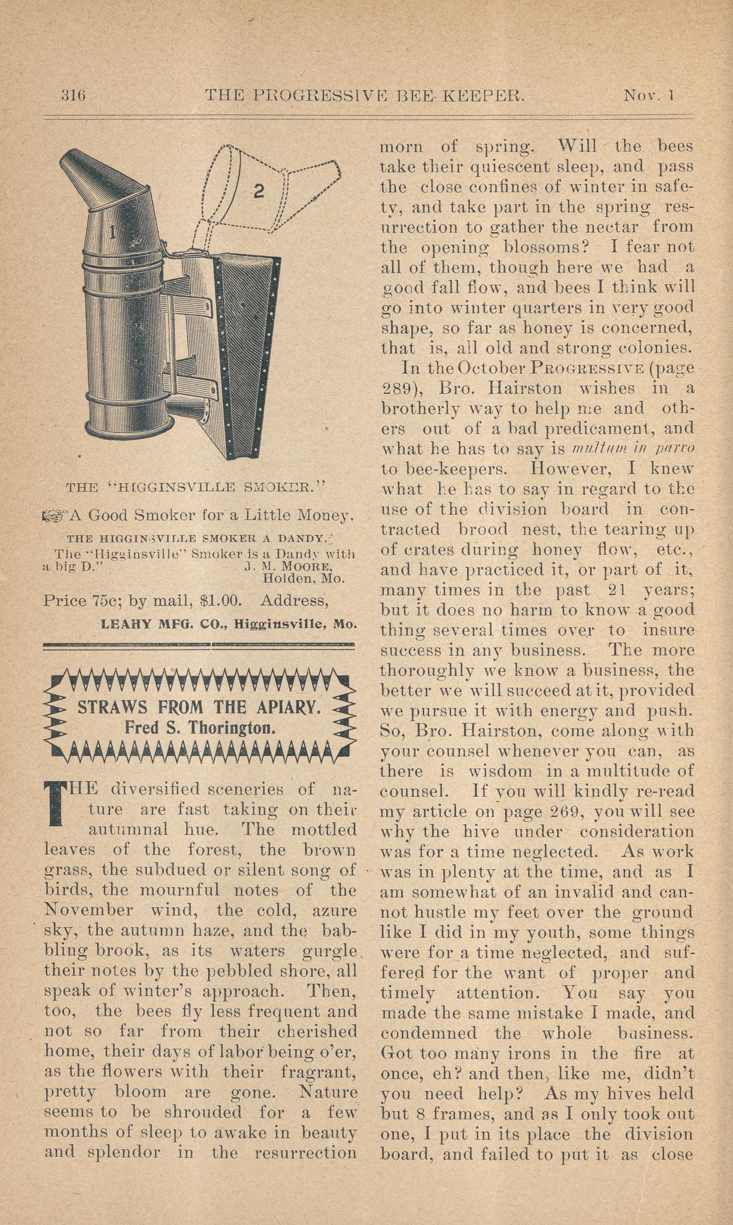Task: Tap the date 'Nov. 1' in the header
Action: click(x=649, y=94)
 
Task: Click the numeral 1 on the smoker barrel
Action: click(x=113, y=231)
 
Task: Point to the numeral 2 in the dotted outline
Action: click(x=258, y=191)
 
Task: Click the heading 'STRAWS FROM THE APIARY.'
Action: click(x=198, y=707)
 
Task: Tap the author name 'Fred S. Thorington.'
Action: click(x=199, y=728)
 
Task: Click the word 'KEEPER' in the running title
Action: click(x=483, y=94)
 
